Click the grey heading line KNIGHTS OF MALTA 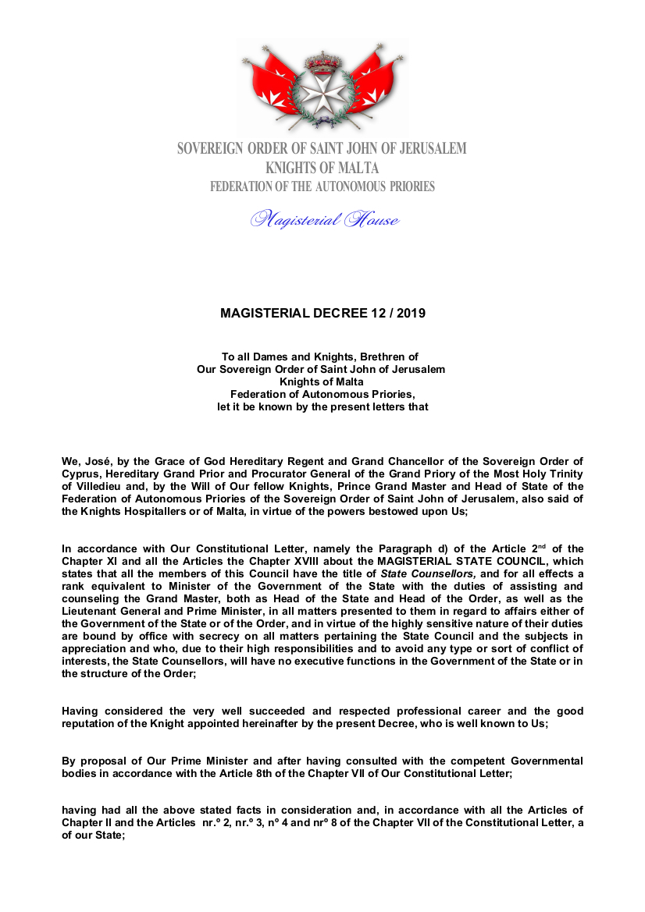[x=322, y=168]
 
